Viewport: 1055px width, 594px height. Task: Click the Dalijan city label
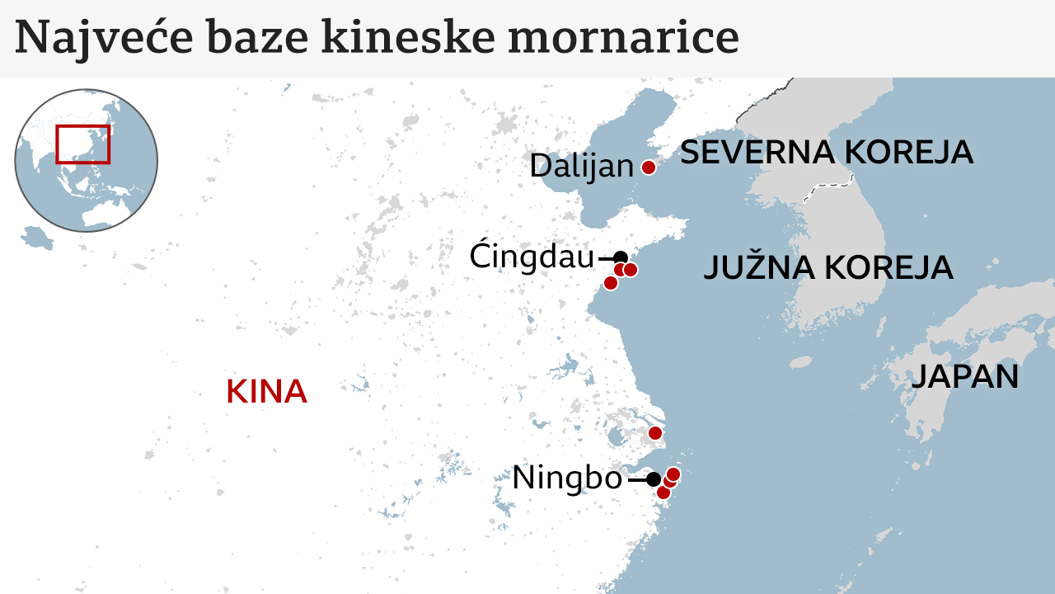pos(581,167)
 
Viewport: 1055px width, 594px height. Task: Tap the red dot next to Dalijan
pos(648,167)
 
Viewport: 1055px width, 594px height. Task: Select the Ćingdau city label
pos(532,257)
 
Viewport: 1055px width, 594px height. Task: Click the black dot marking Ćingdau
pos(621,257)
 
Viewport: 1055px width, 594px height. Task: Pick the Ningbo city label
pos(567,478)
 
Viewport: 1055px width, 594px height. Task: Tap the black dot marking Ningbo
pos(653,478)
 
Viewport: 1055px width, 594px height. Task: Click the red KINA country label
pos(266,392)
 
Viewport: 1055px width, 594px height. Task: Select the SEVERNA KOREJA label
pos(826,153)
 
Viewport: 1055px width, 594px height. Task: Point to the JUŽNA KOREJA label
pos(828,268)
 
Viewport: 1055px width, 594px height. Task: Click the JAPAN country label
pos(964,377)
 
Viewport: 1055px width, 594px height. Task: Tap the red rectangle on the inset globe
pos(82,144)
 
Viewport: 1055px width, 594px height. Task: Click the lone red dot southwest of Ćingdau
pos(611,283)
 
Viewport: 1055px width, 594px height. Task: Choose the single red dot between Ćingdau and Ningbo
pos(655,433)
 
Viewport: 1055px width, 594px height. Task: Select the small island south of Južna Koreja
pos(800,361)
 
